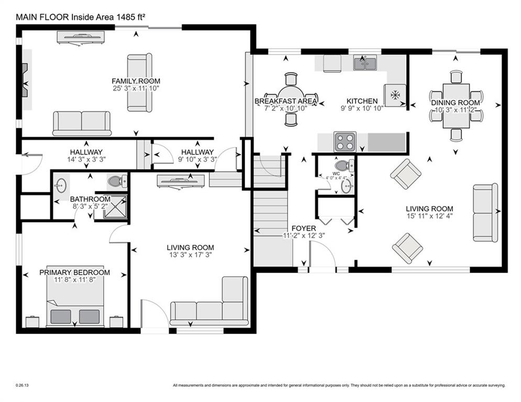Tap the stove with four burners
point(345,141)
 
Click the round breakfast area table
point(291,99)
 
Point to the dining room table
point(456,105)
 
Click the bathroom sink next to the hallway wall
point(62,184)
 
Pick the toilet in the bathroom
point(116,182)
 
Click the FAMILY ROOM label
point(136,81)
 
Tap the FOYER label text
point(304,229)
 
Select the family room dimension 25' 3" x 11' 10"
point(136,89)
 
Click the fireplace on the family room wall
point(25,80)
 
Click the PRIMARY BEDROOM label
point(75,273)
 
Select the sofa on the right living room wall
point(485,213)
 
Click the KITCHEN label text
point(362,101)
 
